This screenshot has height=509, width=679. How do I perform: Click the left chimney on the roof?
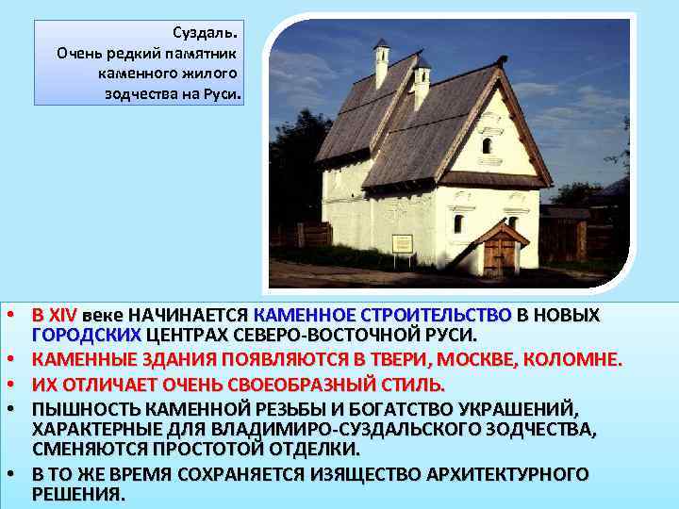pos(381,63)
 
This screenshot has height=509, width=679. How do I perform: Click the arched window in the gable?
pos(487,145)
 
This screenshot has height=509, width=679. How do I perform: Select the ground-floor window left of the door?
pos(458,224)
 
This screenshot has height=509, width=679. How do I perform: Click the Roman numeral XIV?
pos(63,314)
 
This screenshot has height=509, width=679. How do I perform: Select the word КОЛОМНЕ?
pos(581,359)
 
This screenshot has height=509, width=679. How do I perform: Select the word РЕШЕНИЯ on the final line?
pos(77,494)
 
